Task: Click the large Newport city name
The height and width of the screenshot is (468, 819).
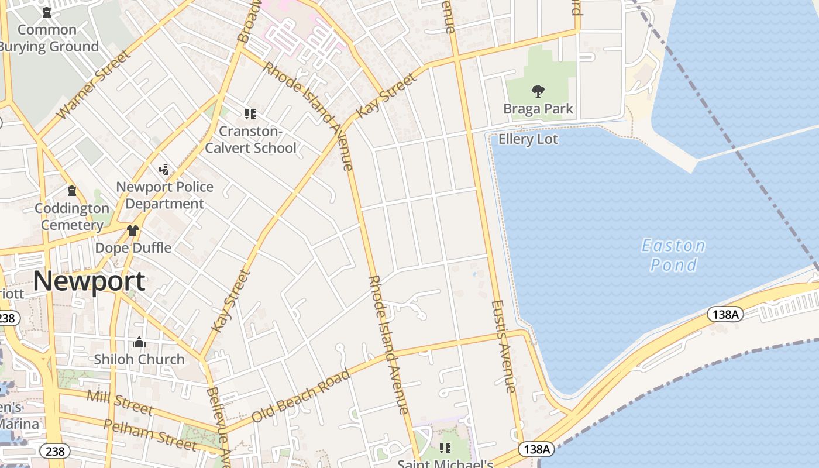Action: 89,281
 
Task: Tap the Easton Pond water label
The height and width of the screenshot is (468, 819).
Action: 673,255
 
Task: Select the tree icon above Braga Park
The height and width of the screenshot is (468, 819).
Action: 538,91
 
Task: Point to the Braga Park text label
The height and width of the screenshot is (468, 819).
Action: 538,109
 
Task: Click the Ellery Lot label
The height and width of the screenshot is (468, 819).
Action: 528,139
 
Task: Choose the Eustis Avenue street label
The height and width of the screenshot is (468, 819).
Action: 504,346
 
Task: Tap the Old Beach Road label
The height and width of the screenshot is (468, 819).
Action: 301,395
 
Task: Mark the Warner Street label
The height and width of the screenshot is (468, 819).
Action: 94,85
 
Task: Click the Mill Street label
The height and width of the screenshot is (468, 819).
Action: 120,402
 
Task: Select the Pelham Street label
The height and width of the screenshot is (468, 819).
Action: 150,435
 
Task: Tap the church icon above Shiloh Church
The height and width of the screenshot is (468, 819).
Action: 139,342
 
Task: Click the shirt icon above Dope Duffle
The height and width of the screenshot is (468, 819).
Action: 133,230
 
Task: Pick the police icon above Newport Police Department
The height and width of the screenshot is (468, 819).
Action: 164,170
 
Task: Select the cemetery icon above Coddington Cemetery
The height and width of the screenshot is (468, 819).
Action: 72,191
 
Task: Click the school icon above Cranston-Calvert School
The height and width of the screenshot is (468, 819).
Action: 250,114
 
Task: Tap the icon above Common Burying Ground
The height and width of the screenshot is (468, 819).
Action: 47,12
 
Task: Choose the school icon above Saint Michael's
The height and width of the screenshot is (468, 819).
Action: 445,448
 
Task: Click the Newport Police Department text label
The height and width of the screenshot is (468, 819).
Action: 164,195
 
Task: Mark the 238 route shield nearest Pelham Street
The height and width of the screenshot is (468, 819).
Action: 55,451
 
